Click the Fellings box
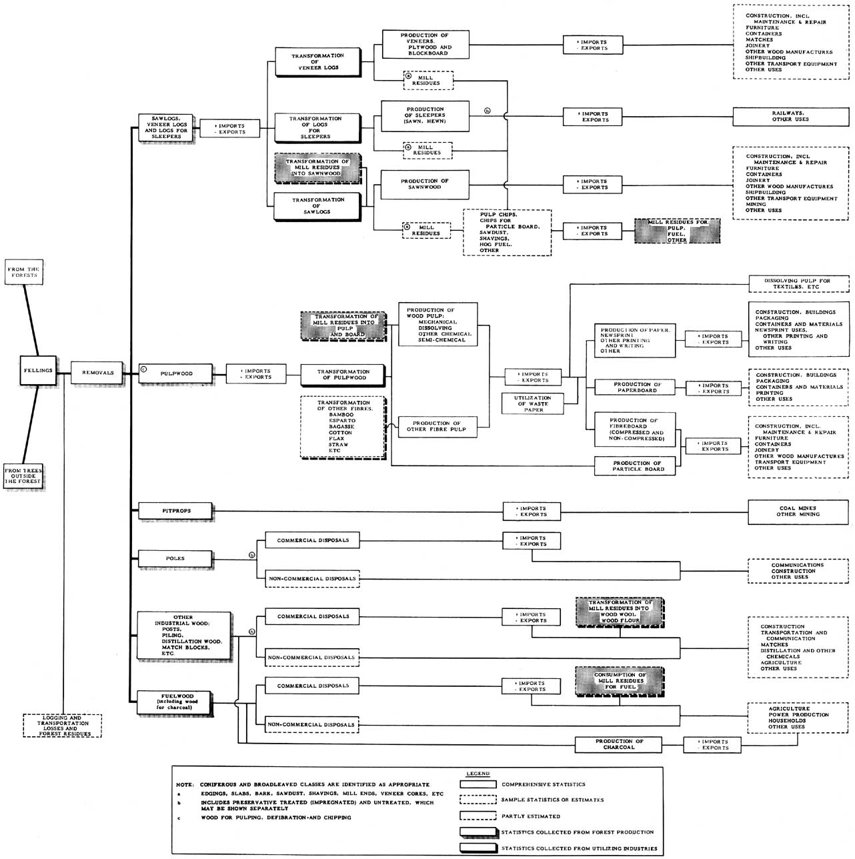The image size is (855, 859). click(x=39, y=371)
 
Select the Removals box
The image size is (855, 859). click(x=97, y=373)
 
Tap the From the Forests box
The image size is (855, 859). click(x=23, y=272)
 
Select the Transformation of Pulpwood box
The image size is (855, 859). click(x=343, y=375)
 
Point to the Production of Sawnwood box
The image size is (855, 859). click(x=425, y=184)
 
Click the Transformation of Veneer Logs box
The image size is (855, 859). click(x=317, y=61)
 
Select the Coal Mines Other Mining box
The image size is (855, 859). click(x=798, y=511)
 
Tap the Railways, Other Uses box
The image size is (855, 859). click(x=790, y=117)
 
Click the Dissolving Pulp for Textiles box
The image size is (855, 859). click(x=798, y=283)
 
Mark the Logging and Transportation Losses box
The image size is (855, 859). click(x=63, y=726)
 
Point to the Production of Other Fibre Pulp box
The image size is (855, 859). click(x=437, y=426)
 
